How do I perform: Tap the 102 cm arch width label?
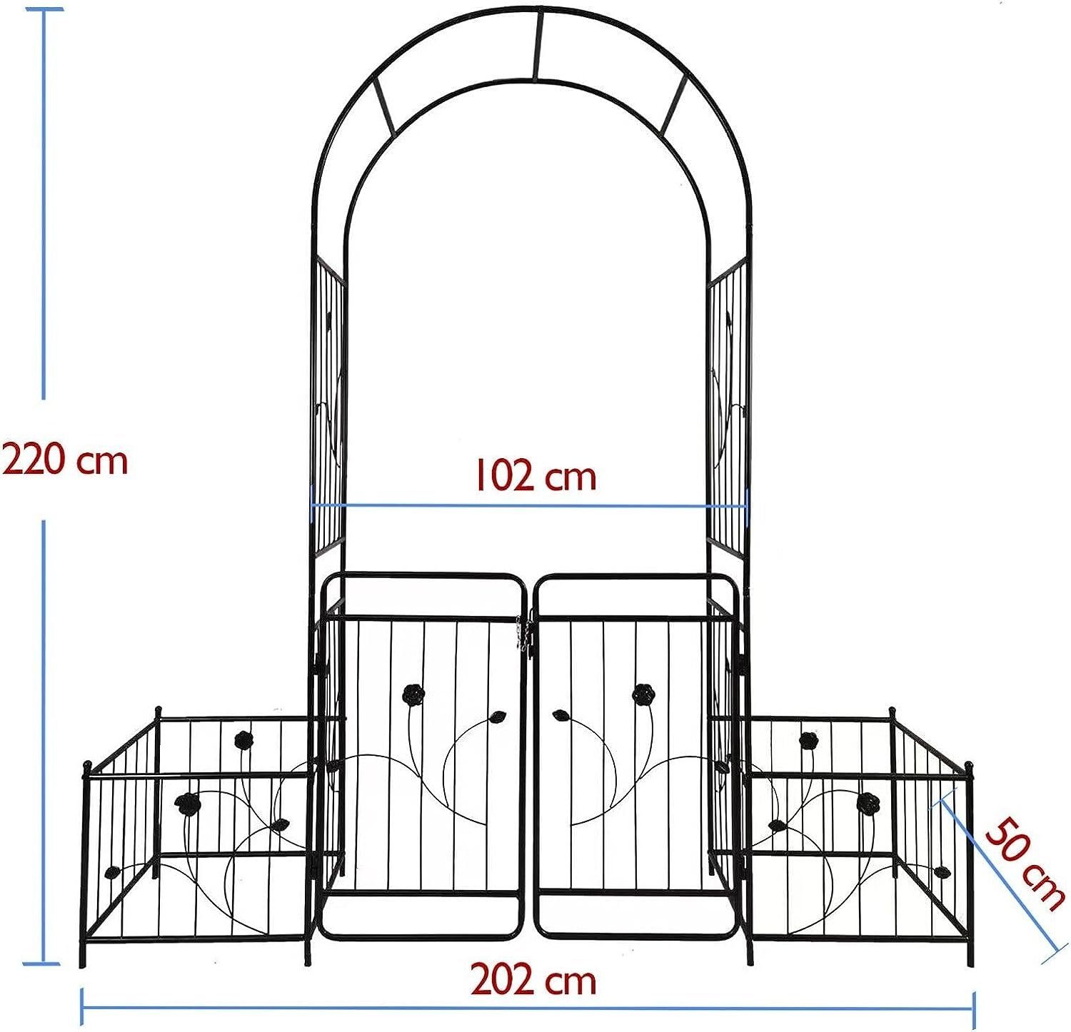click(535, 476)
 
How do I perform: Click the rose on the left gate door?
click(413, 693)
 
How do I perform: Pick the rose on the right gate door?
click(643, 693)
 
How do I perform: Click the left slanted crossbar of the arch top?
click(383, 107)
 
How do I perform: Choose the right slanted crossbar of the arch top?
click(673, 106)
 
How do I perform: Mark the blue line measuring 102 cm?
click(528, 506)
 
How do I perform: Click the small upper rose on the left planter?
click(244, 739)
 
